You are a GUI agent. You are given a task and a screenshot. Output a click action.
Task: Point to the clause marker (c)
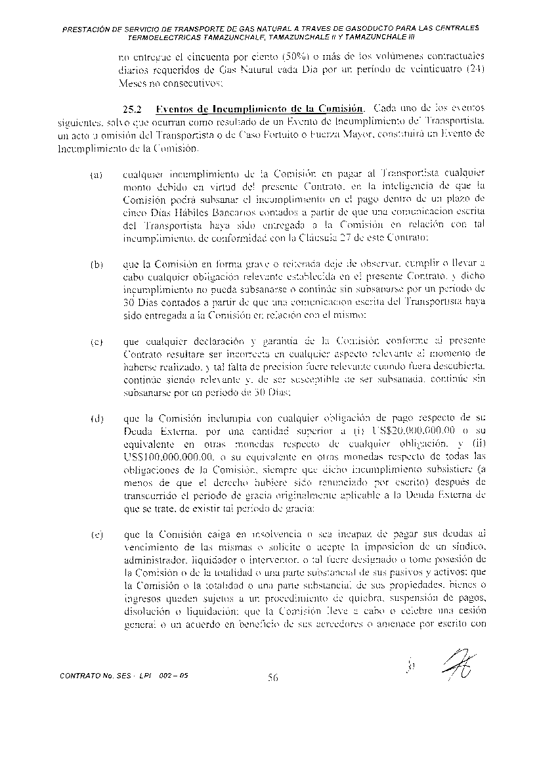(x=96, y=343)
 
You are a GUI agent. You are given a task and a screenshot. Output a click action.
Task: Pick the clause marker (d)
(x=96, y=420)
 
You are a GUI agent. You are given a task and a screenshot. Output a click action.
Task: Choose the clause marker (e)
(x=96, y=537)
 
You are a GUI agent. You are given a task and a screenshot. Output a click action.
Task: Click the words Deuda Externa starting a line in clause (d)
(x=155, y=432)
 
